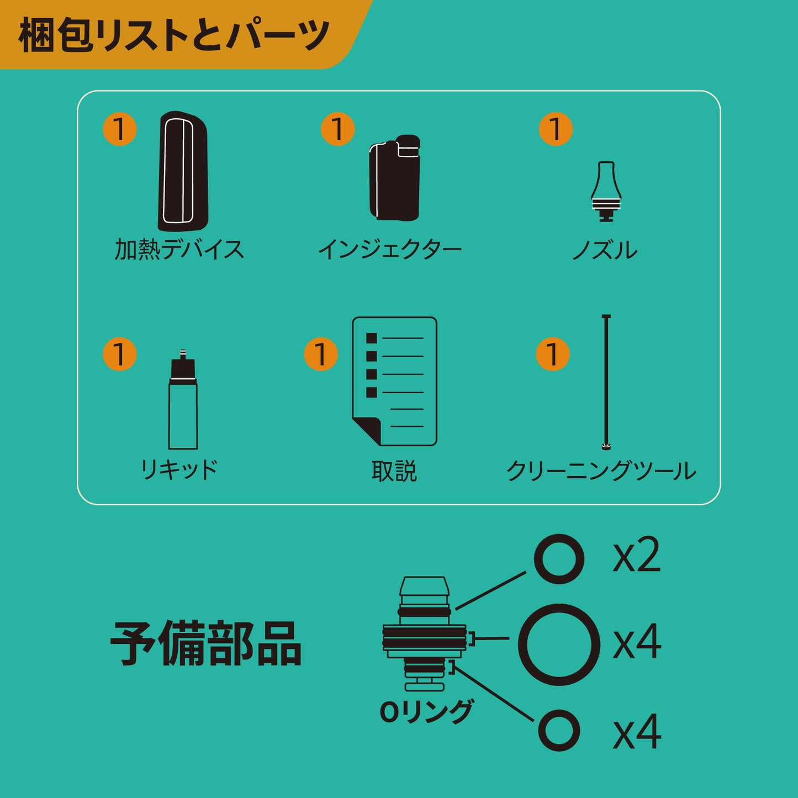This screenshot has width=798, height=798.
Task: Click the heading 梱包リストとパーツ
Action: (174, 35)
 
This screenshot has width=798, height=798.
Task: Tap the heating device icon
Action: (183, 171)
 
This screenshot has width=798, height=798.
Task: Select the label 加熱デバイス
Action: (179, 249)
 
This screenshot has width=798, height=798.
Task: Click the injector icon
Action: (395, 178)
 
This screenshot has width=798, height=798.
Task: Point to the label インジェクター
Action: (390, 249)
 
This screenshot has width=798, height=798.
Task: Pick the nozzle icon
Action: (606, 191)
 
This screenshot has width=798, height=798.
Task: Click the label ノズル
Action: (605, 250)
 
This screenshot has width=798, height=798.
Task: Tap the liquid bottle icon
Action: (183, 400)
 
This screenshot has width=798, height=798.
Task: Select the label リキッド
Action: (179, 469)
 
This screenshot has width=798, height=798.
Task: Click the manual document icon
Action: (394, 382)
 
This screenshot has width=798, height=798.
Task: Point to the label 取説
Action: (394, 471)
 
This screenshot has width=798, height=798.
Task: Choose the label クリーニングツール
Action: (601, 471)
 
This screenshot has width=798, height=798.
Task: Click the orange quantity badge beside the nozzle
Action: (556, 129)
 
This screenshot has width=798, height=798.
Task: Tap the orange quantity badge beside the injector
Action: (337, 129)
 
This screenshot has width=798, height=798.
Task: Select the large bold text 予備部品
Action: (206, 643)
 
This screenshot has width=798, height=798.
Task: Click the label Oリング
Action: (426, 711)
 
